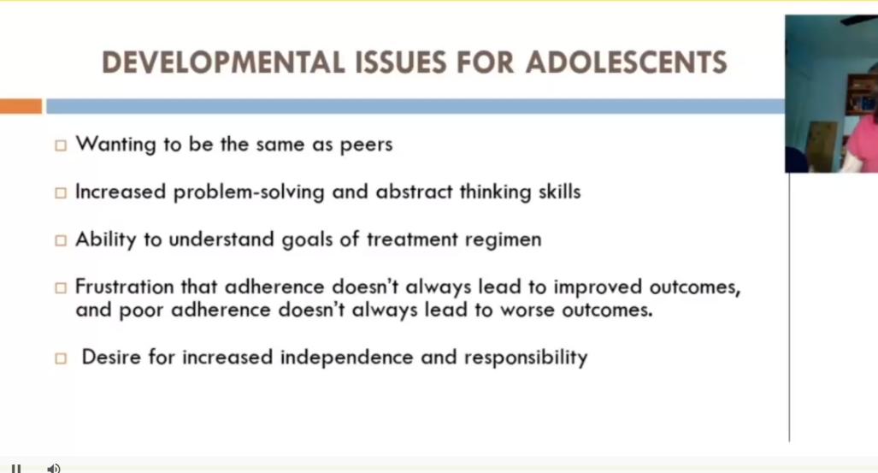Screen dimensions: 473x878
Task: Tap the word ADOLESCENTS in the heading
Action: (627, 62)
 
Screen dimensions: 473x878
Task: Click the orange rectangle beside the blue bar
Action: (21, 106)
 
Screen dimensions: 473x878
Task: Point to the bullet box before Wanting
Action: (60, 146)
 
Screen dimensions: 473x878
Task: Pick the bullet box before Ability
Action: (60, 241)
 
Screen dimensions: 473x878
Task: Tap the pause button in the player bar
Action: (15, 468)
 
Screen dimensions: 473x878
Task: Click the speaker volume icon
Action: (53, 468)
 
